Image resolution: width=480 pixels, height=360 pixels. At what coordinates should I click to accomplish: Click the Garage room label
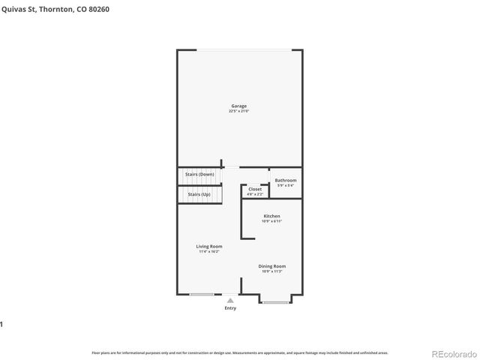pyautogui.click(x=238, y=106)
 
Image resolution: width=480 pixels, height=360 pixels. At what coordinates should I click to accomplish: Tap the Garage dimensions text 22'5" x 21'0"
pyautogui.click(x=238, y=111)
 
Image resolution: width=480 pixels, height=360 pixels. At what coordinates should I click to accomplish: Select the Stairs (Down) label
pyautogui.click(x=199, y=174)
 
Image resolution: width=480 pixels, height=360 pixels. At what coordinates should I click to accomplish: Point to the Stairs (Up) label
pyautogui.click(x=199, y=194)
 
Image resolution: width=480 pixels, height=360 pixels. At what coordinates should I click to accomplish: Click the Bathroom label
pyautogui.click(x=285, y=180)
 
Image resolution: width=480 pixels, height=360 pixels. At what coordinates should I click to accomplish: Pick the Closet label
pyautogui.click(x=255, y=189)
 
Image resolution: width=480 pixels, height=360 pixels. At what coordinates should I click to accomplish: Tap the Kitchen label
pyautogui.click(x=271, y=216)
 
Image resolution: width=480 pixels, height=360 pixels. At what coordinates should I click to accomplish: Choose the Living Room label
pyautogui.click(x=209, y=246)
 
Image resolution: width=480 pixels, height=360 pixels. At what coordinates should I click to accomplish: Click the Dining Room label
pyautogui.click(x=272, y=265)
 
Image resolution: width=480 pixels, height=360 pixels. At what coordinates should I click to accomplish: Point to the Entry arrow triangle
pyautogui.click(x=230, y=300)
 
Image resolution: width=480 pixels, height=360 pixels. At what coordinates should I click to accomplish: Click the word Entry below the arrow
pyautogui.click(x=230, y=308)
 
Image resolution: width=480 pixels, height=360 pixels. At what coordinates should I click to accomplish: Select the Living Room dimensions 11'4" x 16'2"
pyautogui.click(x=209, y=251)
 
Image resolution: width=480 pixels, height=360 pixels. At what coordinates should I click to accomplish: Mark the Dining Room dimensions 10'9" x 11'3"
pyautogui.click(x=272, y=271)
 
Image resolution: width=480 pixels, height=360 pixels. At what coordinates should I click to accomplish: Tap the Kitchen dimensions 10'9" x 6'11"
pyautogui.click(x=271, y=221)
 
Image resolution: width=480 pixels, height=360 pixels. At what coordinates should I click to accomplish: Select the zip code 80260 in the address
pyautogui.click(x=109, y=8)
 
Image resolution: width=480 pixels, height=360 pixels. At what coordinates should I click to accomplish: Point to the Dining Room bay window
pyautogui.click(x=275, y=302)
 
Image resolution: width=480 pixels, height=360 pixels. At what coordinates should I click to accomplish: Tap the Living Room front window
pyautogui.click(x=201, y=294)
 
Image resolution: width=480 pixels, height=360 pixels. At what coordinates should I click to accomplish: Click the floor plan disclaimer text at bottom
pyautogui.click(x=239, y=352)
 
